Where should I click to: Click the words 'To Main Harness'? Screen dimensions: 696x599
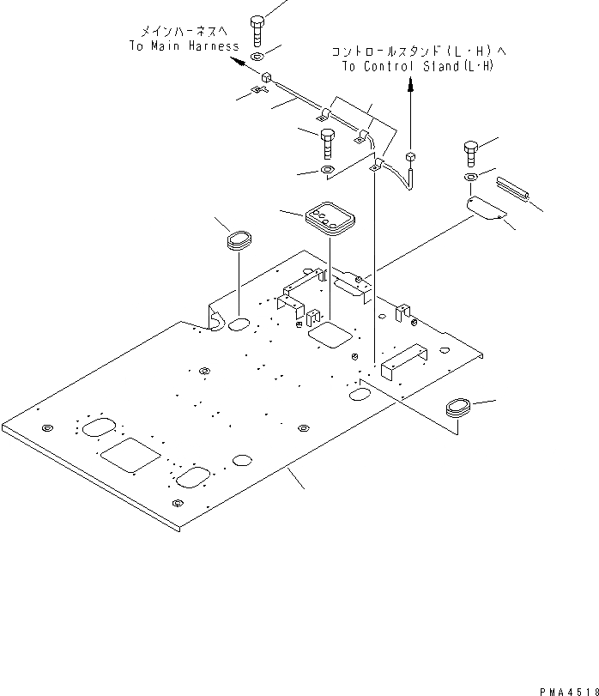pyautogui.click(x=184, y=46)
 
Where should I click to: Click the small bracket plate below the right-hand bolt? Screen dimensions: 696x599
pyautogui.click(x=484, y=209)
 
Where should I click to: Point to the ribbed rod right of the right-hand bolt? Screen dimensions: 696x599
pyautogui.click(x=513, y=188)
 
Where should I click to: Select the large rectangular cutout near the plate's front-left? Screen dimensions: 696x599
pyautogui.click(x=130, y=456)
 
